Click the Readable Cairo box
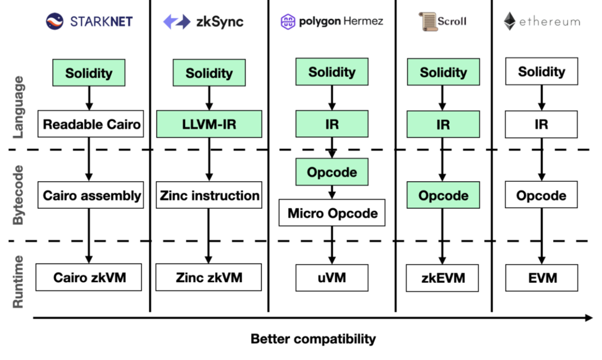(91, 124)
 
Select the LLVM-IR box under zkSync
(209, 124)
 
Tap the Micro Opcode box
(332, 213)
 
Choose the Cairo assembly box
(91, 195)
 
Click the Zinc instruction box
(209, 195)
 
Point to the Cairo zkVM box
(89, 278)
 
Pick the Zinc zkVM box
(209, 278)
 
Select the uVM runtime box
(332, 278)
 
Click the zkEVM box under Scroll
(443, 278)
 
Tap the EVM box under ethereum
(541, 278)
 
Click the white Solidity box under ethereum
(541, 71)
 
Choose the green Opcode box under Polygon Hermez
(332, 172)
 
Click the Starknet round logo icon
(55, 21)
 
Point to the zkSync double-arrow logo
(176, 22)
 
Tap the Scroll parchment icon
(427, 21)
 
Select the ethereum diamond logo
(510, 21)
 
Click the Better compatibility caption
(313, 339)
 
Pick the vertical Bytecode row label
(18, 195)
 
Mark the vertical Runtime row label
(18, 282)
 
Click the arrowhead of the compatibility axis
(589, 318)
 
